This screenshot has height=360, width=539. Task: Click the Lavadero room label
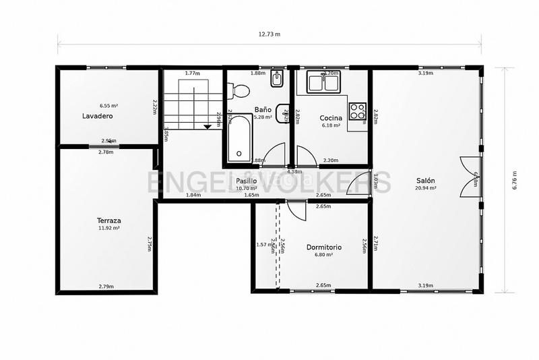[97, 116]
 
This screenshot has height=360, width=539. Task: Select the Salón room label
[425, 181]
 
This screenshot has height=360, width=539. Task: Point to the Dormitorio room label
[323, 247]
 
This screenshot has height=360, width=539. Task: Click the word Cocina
[331, 118]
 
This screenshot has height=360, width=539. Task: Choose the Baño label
[263, 109]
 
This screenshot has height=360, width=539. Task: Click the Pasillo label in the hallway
[247, 181]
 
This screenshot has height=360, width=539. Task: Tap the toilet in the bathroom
[237, 90]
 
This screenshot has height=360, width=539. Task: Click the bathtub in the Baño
[239, 139]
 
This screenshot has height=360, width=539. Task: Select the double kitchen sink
[324, 83]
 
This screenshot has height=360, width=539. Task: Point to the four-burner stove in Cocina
[357, 110]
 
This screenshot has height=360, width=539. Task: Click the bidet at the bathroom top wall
[276, 81]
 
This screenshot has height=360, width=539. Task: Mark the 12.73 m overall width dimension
[269, 34]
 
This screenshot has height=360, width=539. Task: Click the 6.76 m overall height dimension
[515, 179]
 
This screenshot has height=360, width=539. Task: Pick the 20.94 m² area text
[425, 189]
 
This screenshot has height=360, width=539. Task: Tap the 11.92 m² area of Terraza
[108, 229]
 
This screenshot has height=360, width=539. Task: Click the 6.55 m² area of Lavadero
[108, 106]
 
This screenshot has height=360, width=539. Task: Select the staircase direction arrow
[208, 125]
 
